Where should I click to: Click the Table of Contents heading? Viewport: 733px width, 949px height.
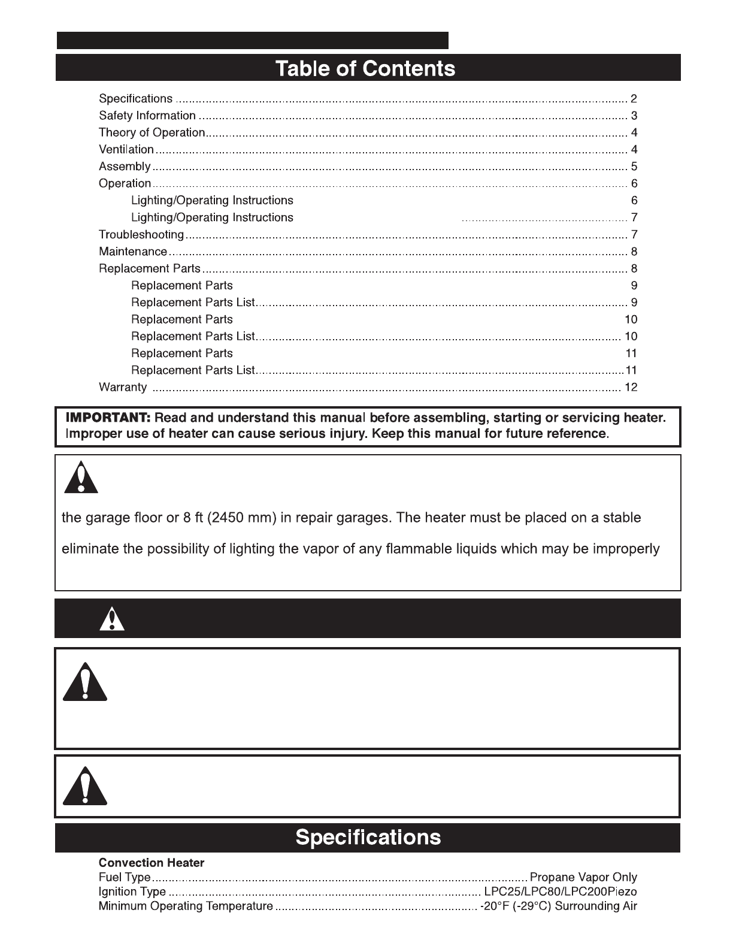(x=365, y=68)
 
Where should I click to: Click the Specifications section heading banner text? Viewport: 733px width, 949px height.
(x=368, y=837)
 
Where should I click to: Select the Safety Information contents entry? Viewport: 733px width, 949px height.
(x=147, y=116)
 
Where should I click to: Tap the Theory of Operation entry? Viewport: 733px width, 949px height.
(x=152, y=132)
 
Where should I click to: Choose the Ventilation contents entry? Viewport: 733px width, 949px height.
(x=126, y=149)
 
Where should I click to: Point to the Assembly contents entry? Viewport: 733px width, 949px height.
(x=125, y=167)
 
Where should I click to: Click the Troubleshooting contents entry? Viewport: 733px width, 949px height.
(x=141, y=234)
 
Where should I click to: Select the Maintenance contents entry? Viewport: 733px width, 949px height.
(x=133, y=252)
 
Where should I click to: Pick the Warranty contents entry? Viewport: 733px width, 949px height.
(x=123, y=387)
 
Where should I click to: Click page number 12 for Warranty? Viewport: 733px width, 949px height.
(x=631, y=387)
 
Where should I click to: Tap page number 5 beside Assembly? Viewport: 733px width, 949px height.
(x=634, y=167)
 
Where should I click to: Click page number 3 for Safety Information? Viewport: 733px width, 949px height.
(x=634, y=116)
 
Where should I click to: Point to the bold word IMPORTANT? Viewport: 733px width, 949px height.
(x=108, y=417)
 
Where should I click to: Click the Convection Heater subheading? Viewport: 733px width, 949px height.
(x=152, y=863)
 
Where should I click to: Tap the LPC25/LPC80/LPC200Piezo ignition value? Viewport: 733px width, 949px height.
(x=560, y=892)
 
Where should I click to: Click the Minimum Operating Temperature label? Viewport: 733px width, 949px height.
(x=186, y=906)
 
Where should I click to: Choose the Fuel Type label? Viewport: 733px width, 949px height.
(x=125, y=878)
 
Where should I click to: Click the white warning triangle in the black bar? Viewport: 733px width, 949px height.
(x=113, y=619)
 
